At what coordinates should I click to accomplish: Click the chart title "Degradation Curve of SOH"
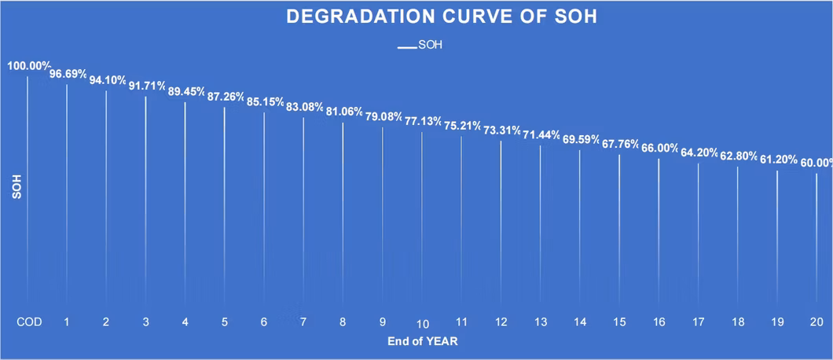coord(441,17)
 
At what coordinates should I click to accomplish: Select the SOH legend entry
coord(420,45)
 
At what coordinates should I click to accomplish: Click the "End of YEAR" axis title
coord(422,341)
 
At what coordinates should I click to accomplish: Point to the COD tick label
coord(28,321)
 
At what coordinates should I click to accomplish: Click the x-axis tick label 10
coord(423,324)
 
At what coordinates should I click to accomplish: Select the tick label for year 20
coord(817,321)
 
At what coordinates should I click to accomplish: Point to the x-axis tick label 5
coord(225,321)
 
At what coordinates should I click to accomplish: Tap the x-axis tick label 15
coord(620,321)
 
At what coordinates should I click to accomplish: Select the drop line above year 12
coord(501,220)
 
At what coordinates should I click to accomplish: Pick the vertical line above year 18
coord(738,236)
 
